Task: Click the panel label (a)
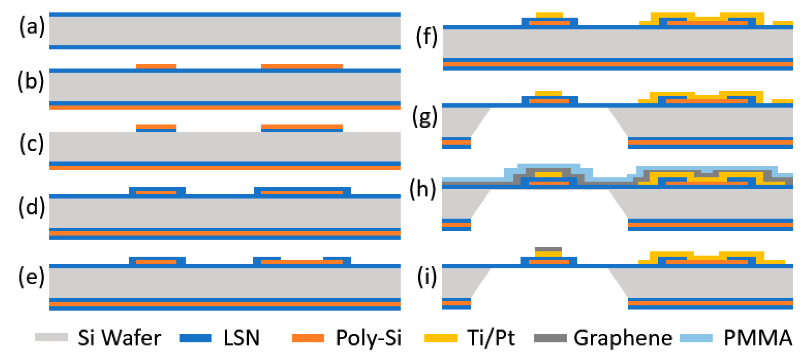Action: (x=32, y=27)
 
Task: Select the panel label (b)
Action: (x=31, y=81)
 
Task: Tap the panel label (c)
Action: (x=31, y=144)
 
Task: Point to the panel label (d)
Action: (x=31, y=207)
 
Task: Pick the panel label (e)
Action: (x=31, y=277)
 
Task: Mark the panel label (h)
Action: (x=422, y=189)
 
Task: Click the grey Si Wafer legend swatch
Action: (x=51, y=337)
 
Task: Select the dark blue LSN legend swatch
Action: (x=195, y=338)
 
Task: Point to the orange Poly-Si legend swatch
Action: (x=308, y=338)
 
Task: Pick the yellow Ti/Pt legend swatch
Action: (x=441, y=338)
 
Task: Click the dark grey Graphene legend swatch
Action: (x=550, y=338)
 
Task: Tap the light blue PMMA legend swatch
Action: (x=696, y=338)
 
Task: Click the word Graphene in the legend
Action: (x=623, y=338)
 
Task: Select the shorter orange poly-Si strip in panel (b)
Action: (x=156, y=66)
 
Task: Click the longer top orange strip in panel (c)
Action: (x=302, y=126)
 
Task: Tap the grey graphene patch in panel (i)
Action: (x=548, y=249)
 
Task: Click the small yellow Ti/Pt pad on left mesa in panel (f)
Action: (x=549, y=15)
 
